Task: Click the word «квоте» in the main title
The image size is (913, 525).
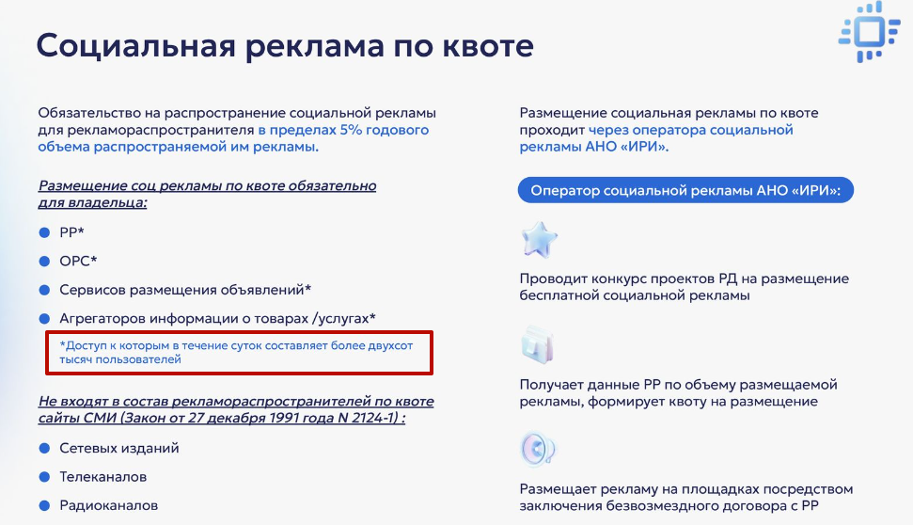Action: [x=488, y=45]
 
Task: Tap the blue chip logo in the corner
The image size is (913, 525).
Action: [x=869, y=31]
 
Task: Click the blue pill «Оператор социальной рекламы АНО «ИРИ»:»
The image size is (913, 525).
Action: [x=685, y=191]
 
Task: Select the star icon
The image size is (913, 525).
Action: [x=539, y=240]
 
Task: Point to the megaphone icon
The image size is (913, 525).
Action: [x=538, y=449]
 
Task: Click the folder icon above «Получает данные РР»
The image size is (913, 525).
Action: [x=537, y=345]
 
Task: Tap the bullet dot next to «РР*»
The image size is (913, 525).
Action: [x=44, y=232]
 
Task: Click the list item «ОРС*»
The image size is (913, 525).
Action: [x=78, y=261]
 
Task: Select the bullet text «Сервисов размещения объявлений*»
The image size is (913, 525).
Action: [x=185, y=290]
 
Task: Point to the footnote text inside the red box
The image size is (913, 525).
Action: [x=236, y=353]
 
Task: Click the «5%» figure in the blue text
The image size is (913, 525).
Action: [x=351, y=130]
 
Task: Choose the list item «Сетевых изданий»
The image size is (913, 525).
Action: [x=118, y=448]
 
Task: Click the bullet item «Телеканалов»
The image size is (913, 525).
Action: [x=103, y=477]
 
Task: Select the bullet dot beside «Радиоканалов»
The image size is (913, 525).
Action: [x=44, y=505]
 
